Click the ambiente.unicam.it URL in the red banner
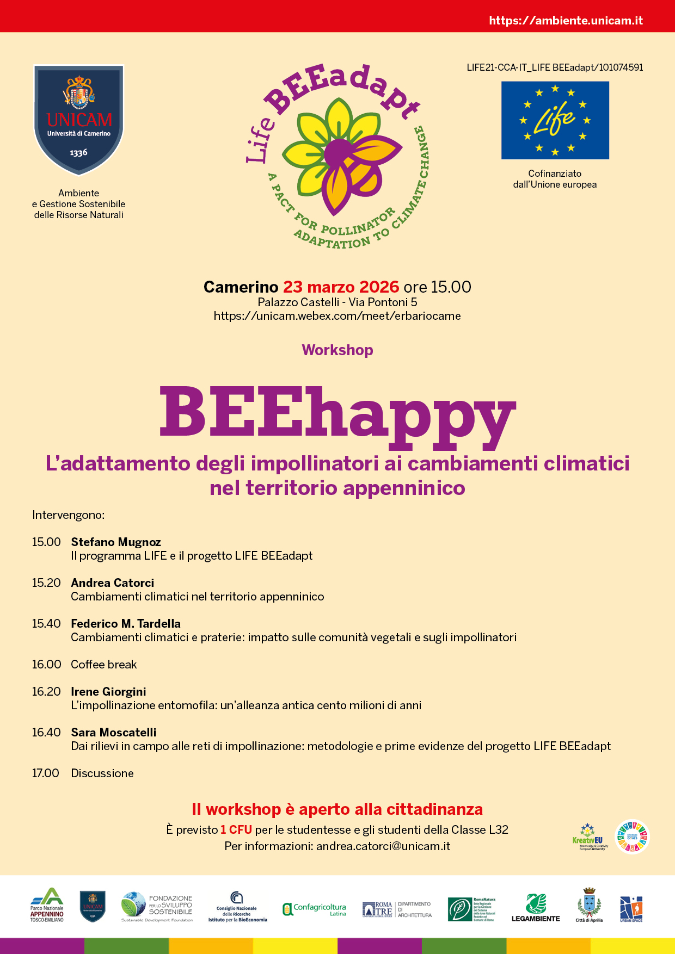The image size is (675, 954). point(566,21)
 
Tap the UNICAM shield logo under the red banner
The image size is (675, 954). point(79,120)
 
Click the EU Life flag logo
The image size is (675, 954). point(555,120)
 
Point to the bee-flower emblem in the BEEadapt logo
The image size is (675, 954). point(340,155)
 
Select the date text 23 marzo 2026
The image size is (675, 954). point(341,287)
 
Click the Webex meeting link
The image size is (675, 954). point(337,316)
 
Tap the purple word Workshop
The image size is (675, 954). point(337,350)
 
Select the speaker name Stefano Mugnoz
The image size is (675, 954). point(116,542)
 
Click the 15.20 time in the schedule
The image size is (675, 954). point(46,583)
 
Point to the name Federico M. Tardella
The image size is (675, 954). point(126,623)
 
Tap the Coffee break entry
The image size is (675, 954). point(104,664)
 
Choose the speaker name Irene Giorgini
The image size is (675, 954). point(108,691)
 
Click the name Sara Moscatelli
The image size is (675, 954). point(114,732)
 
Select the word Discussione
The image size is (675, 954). point(102,773)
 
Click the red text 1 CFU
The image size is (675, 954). point(236,829)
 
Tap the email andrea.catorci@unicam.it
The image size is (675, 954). point(383,846)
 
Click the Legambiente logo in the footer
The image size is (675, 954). point(536,908)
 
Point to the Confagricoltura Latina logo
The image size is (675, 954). point(315,909)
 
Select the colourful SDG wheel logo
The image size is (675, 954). point(632,837)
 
